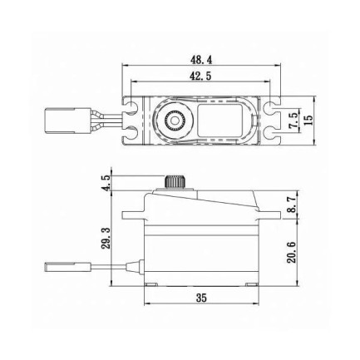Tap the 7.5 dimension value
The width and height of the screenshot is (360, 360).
293,118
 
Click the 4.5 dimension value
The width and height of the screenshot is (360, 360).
106,183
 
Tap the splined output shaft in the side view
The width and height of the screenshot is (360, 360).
175,181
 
